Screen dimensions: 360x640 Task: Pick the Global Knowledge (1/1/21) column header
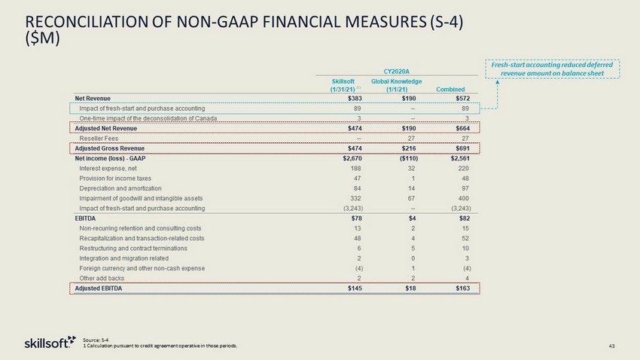click(397, 85)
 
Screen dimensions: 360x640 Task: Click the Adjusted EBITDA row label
click(100, 288)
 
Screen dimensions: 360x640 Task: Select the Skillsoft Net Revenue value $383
click(353, 97)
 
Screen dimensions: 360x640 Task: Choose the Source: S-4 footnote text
click(94, 340)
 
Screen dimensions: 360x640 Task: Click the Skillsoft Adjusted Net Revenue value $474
click(353, 129)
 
